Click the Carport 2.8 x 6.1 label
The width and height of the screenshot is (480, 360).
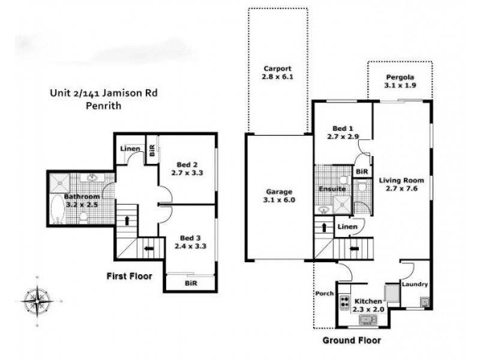pyautogui.click(x=276, y=73)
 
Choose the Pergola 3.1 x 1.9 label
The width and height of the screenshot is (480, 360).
pyautogui.click(x=400, y=82)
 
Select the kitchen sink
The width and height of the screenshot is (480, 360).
pyautogui.click(x=367, y=320)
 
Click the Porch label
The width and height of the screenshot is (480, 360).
pyautogui.click(x=324, y=294)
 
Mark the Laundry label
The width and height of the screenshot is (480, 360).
pyautogui.click(x=415, y=284)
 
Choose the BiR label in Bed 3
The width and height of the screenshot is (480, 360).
pyautogui.click(x=191, y=283)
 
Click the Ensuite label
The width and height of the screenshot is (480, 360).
pyautogui.click(x=331, y=188)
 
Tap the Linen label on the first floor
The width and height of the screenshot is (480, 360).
pyautogui.click(x=130, y=149)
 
